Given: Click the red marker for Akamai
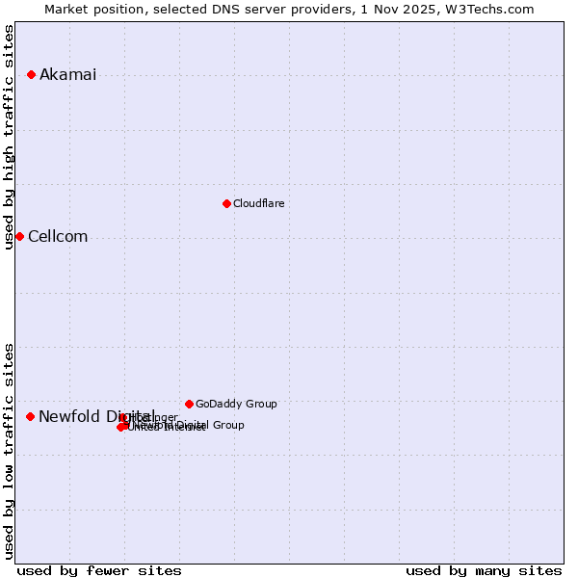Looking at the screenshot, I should click(31, 74).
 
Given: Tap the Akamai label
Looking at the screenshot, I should click(67, 75).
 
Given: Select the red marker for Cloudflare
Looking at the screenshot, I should click(226, 203).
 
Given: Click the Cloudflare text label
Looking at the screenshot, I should click(258, 203).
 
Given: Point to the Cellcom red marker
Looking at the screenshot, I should click(19, 236).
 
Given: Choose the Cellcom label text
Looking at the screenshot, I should click(58, 237).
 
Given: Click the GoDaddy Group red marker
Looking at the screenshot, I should click(189, 404).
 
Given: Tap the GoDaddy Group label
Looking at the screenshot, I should click(236, 404).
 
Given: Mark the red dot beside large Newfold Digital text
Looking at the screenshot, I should click(30, 416).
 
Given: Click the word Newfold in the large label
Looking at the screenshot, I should click(67, 416).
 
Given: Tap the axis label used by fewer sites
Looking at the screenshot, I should click(99, 570).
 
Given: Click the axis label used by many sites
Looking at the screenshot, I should click(484, 570).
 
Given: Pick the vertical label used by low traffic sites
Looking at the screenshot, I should click(10, 450).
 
